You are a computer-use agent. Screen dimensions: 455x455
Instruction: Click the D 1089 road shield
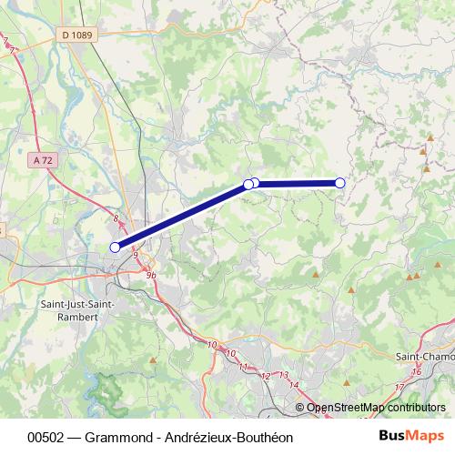click(77, 35)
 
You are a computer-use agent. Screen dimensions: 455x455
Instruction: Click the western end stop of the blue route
click(115, 247)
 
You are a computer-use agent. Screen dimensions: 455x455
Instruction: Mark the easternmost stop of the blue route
click(340, 183)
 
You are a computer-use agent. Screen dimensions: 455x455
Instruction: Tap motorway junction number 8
click(116, 218)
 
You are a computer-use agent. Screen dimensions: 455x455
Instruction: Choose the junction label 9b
click(151, 275)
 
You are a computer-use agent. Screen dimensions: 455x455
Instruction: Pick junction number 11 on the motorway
click(242, 366)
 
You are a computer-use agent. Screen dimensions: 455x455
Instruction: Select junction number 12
click(267, 375)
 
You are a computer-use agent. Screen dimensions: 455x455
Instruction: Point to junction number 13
click(283, 375)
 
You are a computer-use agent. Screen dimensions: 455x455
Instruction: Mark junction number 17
click(399, 388)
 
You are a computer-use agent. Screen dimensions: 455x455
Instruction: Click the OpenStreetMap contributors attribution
click(376, 408)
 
